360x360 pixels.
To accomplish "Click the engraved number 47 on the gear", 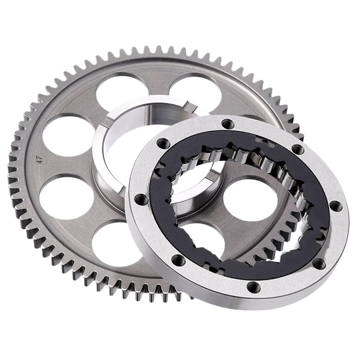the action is tap(40, 159).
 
